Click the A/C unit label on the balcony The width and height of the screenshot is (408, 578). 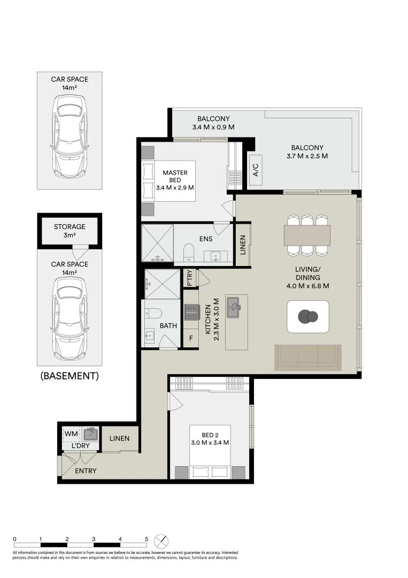256,170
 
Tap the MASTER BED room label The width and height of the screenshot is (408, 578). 175,176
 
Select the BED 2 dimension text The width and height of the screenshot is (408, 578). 210,443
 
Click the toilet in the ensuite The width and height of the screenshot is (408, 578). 189,253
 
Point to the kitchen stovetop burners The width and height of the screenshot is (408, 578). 191,312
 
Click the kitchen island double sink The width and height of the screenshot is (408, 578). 234,307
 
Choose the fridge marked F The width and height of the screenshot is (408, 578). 191,338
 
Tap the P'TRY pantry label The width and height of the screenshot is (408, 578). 190,278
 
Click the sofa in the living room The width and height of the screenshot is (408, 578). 308,358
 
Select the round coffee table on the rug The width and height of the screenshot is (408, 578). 308,317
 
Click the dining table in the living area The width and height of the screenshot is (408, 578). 307,235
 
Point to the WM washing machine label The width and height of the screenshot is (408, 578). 71,433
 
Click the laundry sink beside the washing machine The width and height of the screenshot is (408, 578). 90,434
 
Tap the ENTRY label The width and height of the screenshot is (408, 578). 86,471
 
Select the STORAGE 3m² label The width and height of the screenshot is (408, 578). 70,231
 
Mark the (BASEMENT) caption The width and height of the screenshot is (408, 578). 70,376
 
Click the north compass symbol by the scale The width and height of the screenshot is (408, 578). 161,542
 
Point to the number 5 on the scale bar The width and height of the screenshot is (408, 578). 146,539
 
